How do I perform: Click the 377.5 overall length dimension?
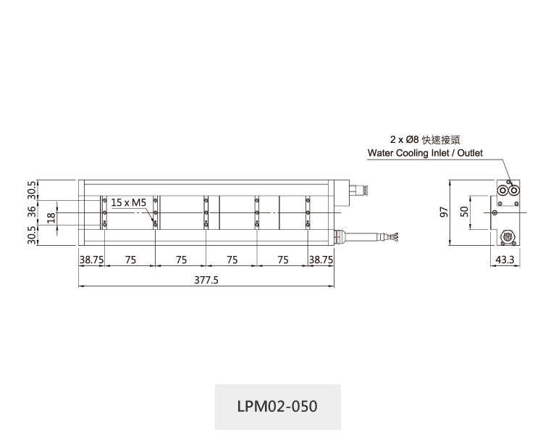[206, 280]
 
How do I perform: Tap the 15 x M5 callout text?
[128, 202]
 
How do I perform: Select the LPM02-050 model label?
[277, 406]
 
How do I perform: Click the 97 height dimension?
[444, 212]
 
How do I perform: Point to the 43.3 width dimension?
[505, 260]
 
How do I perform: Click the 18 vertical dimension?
[51, 218]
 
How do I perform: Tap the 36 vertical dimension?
[32, 212]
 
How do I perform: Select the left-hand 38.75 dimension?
[91, 260]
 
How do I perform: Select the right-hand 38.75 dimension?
[321, 260]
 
